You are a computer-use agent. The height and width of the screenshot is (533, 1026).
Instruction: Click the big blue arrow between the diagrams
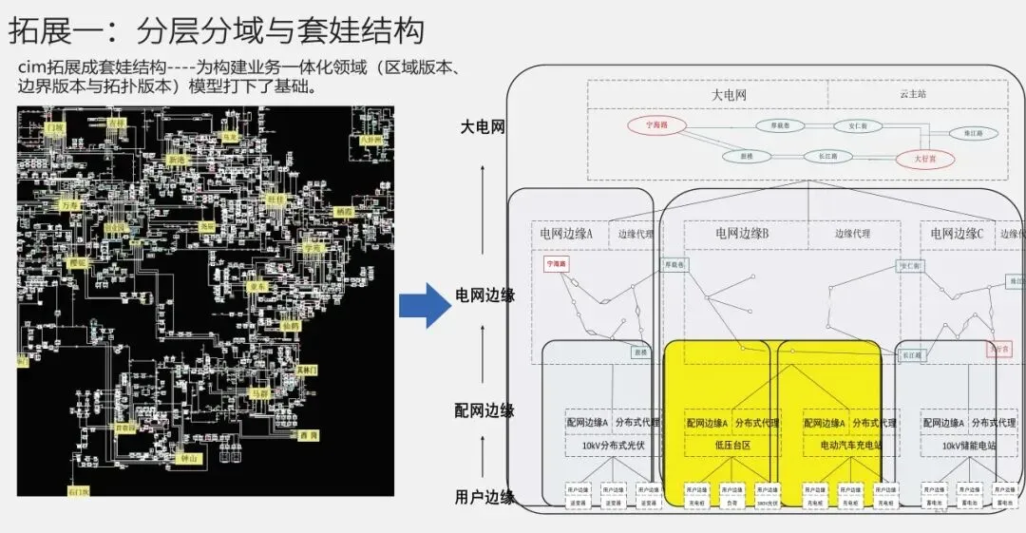pos(423,305)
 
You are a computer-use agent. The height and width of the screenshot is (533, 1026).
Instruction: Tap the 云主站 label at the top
pos(913,95)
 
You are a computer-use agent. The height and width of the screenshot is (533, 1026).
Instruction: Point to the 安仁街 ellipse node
pos(851,125)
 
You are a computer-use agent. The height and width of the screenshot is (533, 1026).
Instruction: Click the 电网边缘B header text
pos(742,233)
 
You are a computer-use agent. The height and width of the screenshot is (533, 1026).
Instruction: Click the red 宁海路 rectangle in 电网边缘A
pos(556,264)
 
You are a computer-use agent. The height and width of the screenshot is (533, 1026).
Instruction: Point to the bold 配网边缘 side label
pos(484,410)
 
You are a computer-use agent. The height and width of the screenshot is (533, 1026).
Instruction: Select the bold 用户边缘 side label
pos(484,497)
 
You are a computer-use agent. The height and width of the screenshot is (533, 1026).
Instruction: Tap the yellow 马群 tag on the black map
pos(258,391)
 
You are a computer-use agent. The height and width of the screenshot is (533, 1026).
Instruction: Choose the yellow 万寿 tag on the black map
pos(68,204)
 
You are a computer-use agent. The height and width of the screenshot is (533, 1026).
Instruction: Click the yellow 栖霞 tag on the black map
pos(345,211)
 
